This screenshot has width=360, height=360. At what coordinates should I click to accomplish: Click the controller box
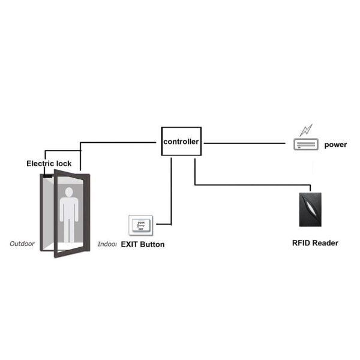pyautogui.click(x=180, y=142)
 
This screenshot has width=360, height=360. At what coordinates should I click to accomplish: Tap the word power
pyautogui.click(x=335, y=145)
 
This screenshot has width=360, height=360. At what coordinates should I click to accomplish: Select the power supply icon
pyautogui.click(x=304, y=145)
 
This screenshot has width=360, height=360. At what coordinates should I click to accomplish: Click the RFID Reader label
pyautogui.click(x=315, y=243)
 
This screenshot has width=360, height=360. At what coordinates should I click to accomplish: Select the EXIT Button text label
pyautogui.click(x=143, y=245)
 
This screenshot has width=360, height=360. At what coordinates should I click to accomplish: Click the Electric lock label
pyautogui.click(x=49, y=163)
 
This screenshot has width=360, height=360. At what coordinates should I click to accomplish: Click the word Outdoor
pyautogui.click(x=22, y=244)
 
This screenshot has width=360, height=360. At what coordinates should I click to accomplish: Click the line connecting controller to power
pyautogui.click(x=246, y=143)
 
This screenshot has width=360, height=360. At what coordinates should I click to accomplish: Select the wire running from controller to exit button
pyautogui.click(x=172, y=192)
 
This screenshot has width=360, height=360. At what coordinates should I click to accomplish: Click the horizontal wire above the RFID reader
pyautogui.click(x=252, y=184)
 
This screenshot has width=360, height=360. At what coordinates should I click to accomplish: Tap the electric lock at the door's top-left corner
pyautogui.click(x=46, y=176)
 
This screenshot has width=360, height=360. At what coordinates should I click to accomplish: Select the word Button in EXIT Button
pyautogui.click(x=152, y=245)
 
